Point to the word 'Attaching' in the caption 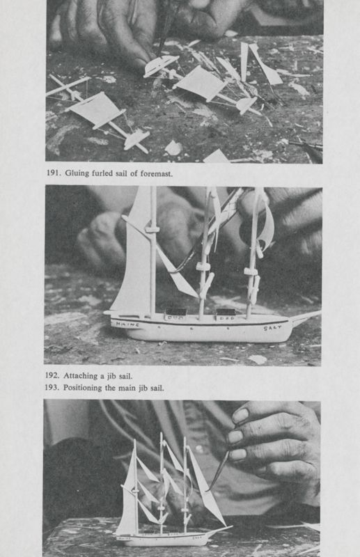click(84, 376)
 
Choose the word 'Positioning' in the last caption click(89, 388)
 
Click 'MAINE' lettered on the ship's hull click(127, 324)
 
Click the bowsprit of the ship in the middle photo click(304, 317)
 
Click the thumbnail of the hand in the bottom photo click(241, 416)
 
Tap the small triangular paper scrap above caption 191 click(216, 156)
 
